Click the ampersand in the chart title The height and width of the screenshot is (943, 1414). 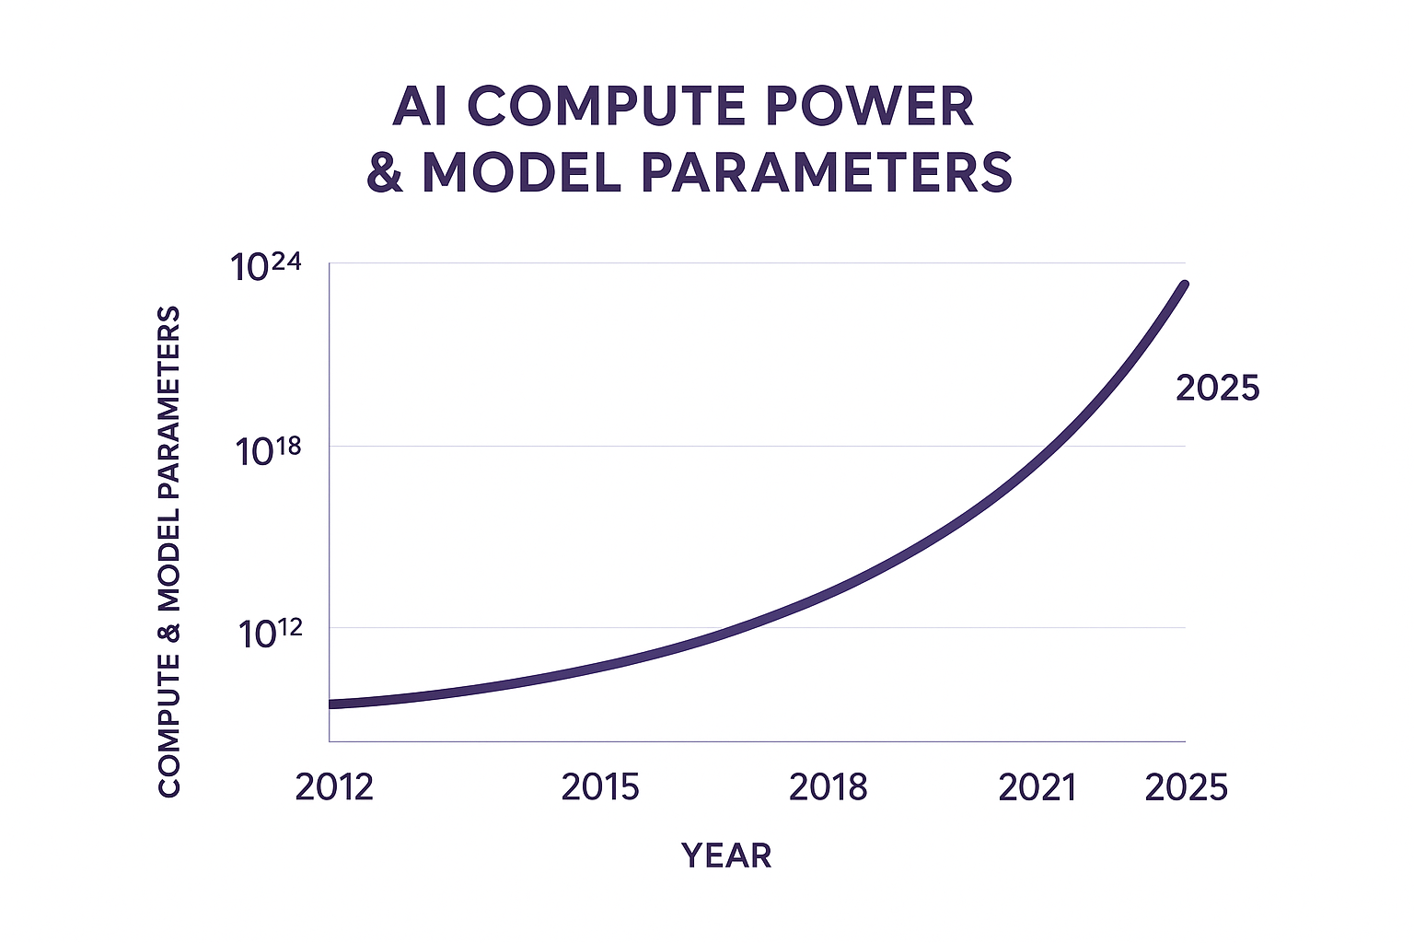(x=385, y=172)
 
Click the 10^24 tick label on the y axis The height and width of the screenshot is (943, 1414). (x=266, y=267)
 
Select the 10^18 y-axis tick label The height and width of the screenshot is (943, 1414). (x=268, y=450)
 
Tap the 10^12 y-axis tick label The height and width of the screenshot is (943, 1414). (x=270, y=633)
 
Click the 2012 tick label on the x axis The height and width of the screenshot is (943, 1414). (x=334, y=787)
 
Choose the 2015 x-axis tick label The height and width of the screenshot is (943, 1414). (x=600, y=787)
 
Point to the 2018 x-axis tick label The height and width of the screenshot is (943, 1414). (x=829, y=787)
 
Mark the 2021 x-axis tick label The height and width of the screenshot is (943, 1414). (x=1037, y=787)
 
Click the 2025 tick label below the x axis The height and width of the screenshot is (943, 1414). (x=1187, y=787)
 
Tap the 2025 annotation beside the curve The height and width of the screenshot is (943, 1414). (x=1217, y=389)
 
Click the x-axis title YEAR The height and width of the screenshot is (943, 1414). (x=726, y=856)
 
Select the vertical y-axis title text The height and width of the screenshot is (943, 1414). (x=169, y=552)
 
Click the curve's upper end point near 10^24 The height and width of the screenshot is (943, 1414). (x=1184, y=285)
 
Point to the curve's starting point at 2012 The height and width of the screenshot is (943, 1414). (x=331, y=704)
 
